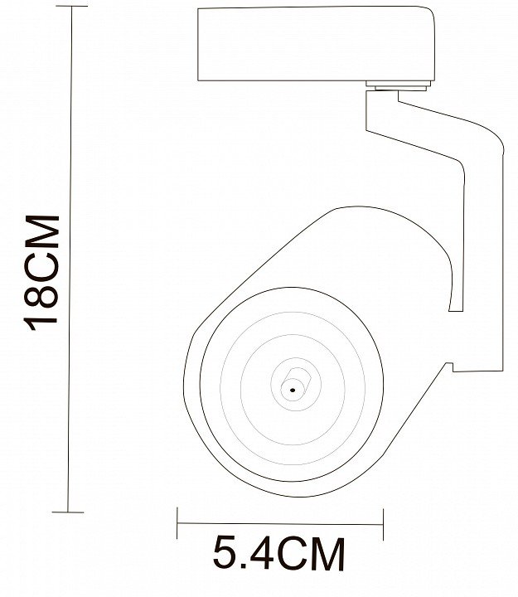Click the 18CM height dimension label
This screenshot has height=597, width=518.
coord(41,273)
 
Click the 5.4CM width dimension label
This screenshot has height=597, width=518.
coord(278,553)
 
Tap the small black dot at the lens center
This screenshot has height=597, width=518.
coord(293,390)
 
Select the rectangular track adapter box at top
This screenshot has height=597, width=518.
coord(317,43)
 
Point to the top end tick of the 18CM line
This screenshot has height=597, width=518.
coord(72,6)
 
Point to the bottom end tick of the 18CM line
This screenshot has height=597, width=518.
coord(68,512)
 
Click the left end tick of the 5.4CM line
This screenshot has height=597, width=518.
coord(177,523)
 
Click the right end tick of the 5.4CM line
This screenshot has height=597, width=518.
coord(383,524)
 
